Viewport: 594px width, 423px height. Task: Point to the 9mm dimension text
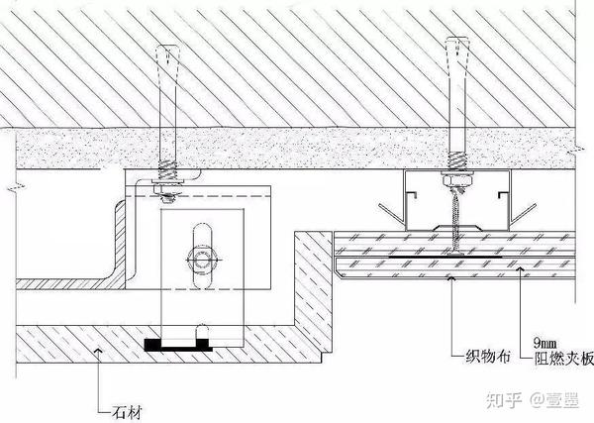coord(547,339)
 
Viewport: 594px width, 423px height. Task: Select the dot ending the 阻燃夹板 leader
coord(522,265)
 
